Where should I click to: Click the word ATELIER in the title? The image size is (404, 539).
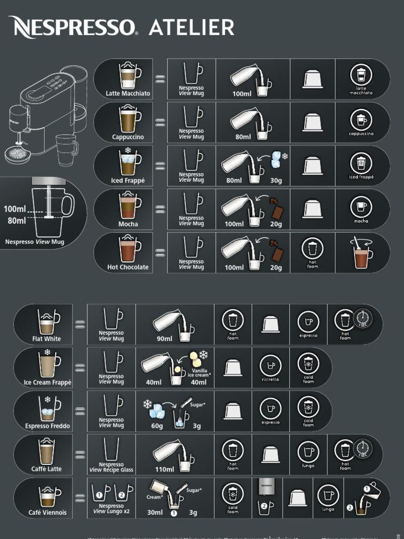191,27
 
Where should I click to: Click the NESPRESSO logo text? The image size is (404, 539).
73,27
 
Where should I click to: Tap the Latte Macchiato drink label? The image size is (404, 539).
128,94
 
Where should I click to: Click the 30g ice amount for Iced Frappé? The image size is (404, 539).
276,181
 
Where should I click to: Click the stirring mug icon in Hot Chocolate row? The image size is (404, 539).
361,252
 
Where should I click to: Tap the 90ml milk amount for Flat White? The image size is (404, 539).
164,339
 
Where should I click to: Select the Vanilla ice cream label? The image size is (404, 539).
199,373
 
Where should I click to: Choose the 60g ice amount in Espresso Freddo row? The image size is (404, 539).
157,426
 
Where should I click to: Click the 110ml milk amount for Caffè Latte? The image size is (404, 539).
164,469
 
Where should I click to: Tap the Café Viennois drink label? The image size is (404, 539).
47,513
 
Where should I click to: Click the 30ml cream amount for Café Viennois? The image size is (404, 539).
155,513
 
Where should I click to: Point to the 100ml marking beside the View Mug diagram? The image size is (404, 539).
15,209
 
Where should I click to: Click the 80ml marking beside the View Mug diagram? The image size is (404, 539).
17,221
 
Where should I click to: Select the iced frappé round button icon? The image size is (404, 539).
361,163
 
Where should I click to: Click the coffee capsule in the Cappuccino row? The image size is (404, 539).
312,123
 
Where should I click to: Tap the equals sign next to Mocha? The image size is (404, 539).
160,208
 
